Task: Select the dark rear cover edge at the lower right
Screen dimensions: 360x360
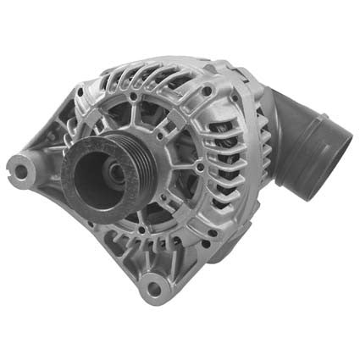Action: tap(254, 237)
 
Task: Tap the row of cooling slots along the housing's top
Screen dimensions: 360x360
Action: tap(161, 80)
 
